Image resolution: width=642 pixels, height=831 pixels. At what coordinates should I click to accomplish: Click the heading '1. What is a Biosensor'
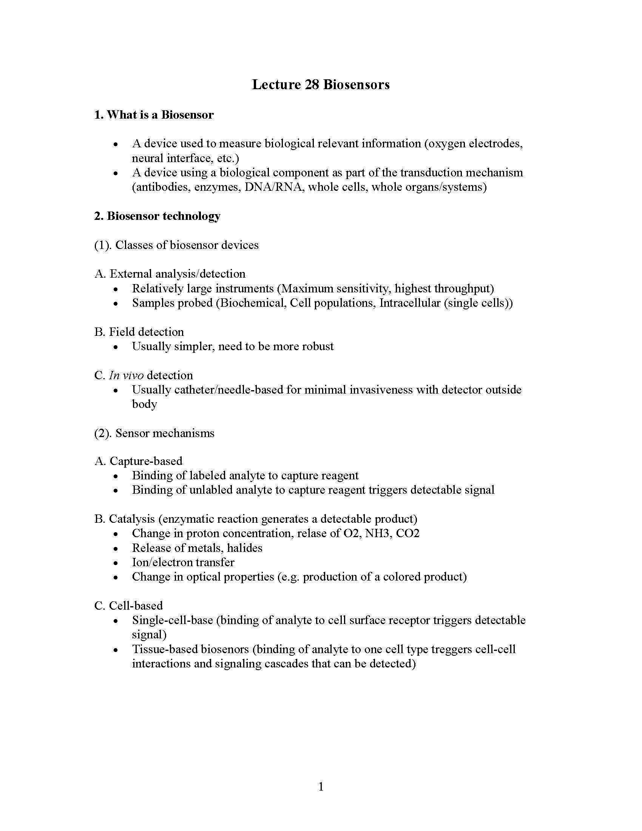(154, 114)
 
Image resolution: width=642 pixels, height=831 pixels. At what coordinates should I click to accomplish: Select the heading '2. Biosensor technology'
(157, 216)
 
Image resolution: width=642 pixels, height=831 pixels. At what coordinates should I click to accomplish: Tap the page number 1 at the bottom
(321, 786)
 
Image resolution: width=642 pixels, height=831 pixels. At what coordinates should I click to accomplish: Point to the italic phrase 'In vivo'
(126, 375)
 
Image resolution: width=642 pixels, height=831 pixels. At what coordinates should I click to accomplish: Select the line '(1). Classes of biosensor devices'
(176, 245)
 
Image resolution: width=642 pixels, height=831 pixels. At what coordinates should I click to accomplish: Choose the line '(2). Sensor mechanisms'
(154, 433)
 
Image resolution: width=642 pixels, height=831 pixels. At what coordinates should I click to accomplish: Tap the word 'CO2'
(407, 533)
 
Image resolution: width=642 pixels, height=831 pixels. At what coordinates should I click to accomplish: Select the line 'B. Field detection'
(139, 332)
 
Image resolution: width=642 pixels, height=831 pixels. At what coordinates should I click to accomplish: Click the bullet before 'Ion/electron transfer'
(116, 563)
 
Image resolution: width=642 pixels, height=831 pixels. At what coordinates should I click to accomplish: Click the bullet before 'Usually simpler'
(116, 347)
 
